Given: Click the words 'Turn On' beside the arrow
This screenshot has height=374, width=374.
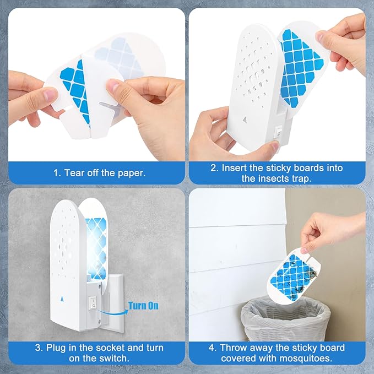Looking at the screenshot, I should (x=144, y=305).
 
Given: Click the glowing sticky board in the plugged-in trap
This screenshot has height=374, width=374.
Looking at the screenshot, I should (x=100, y=242).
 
